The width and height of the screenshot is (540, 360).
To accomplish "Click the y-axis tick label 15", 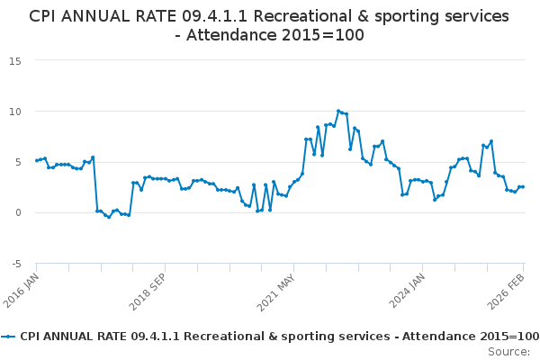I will [x=15, y=60].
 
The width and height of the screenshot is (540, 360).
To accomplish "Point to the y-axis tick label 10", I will [x=15, y=112].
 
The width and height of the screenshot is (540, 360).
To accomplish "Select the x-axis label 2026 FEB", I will [x=509, y=290].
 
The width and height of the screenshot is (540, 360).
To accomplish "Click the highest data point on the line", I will [x=338, y=111].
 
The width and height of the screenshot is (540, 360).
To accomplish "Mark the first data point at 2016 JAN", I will [x=37, y=160].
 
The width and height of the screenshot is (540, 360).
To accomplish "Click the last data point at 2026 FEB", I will [x=523, y=186].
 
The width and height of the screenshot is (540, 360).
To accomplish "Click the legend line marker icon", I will [x=9, y=336].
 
